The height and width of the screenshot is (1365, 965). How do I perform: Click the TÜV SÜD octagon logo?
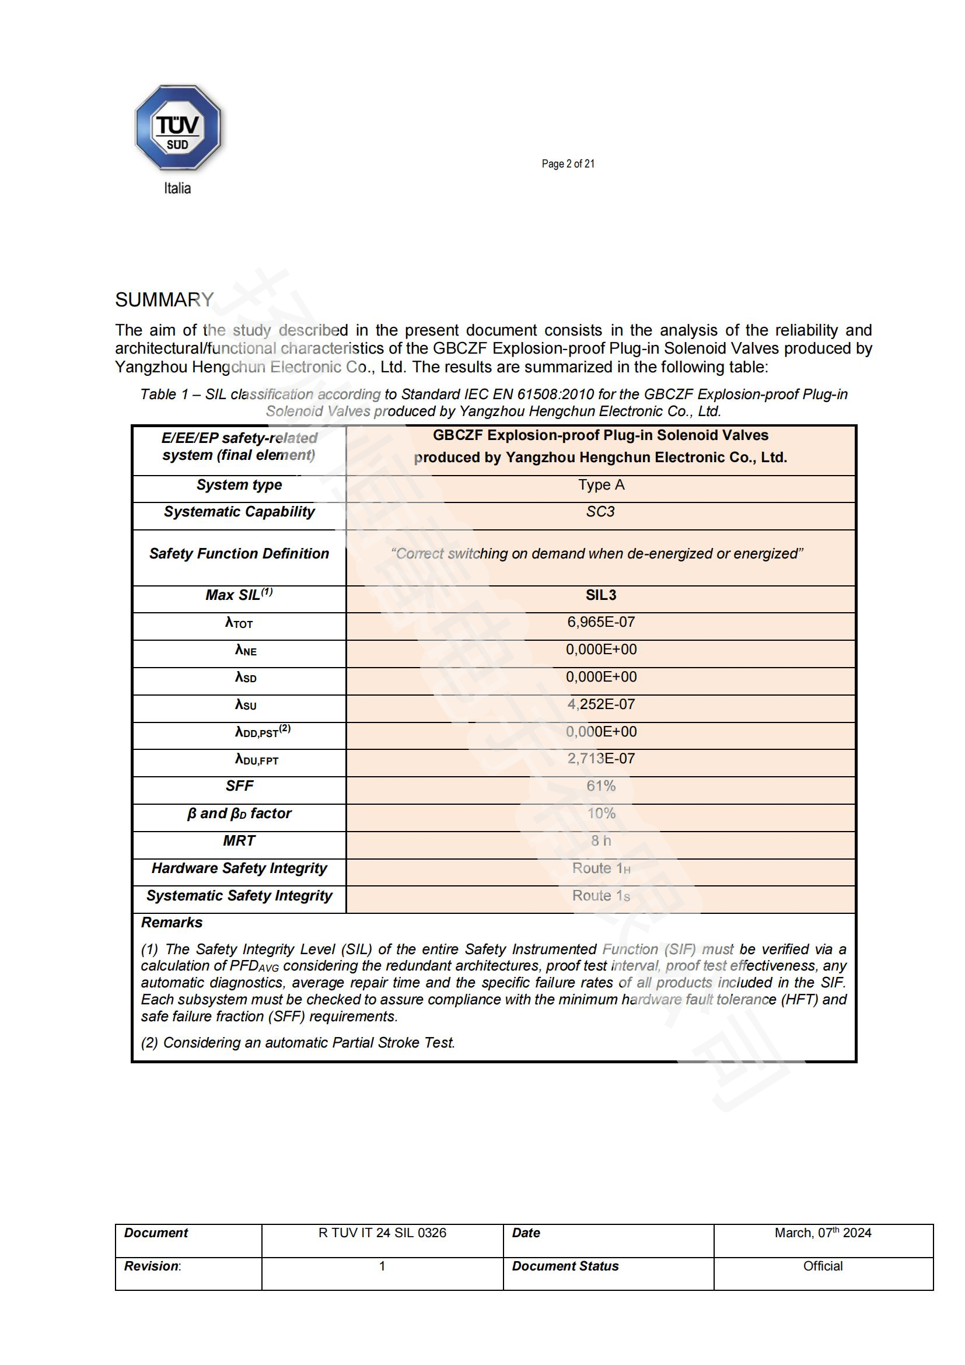pyautogui.click(x=178, y=128)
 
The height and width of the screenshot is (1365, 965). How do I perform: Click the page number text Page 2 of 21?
pyautogui.click(x=568, y=164)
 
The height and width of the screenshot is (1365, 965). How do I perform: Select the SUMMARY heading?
pyautogui.click(x=164, y=299)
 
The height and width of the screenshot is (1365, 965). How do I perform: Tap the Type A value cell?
pyautogui.click(x=601, y=485)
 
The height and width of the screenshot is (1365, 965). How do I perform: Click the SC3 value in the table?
pyautogui.click(x=600, y=512)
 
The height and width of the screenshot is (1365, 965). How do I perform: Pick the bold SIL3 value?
pyautogui.click(x=601, y=595)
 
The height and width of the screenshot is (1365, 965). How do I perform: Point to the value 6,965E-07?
pyautogui.click(x=601, y=623)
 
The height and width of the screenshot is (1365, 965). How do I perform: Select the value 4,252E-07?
pyautogui.click(x=601, y=704)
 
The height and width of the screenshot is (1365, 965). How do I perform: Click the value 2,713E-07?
pyautogui.click(x=601, y=759)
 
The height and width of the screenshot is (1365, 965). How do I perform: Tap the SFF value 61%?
pyautogui.click(x=601, y=786)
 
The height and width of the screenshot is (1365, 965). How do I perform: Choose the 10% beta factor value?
pyautogui.click(x=601, y=814)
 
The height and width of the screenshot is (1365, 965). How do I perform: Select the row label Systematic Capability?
pyautogui.click(x=239, y=512)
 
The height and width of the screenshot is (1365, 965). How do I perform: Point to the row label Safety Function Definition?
pyautogui.click(x=239, y=554)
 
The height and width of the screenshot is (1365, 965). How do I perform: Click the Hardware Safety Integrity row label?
pyautogui.click(x=239, y=868)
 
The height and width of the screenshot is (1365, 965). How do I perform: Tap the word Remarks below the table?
pyautogui.click(x=172, y=923)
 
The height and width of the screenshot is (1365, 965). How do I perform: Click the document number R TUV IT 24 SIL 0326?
pyautogui.click(x=382, y=1233)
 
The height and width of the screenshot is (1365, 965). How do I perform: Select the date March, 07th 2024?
pyautogui.click(x=823, y=1233)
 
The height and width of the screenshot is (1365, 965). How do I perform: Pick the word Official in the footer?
pyautogui.click(x=823, y=1266)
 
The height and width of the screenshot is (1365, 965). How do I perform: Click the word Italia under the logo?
pyautogui.click(x=177, y=188)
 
